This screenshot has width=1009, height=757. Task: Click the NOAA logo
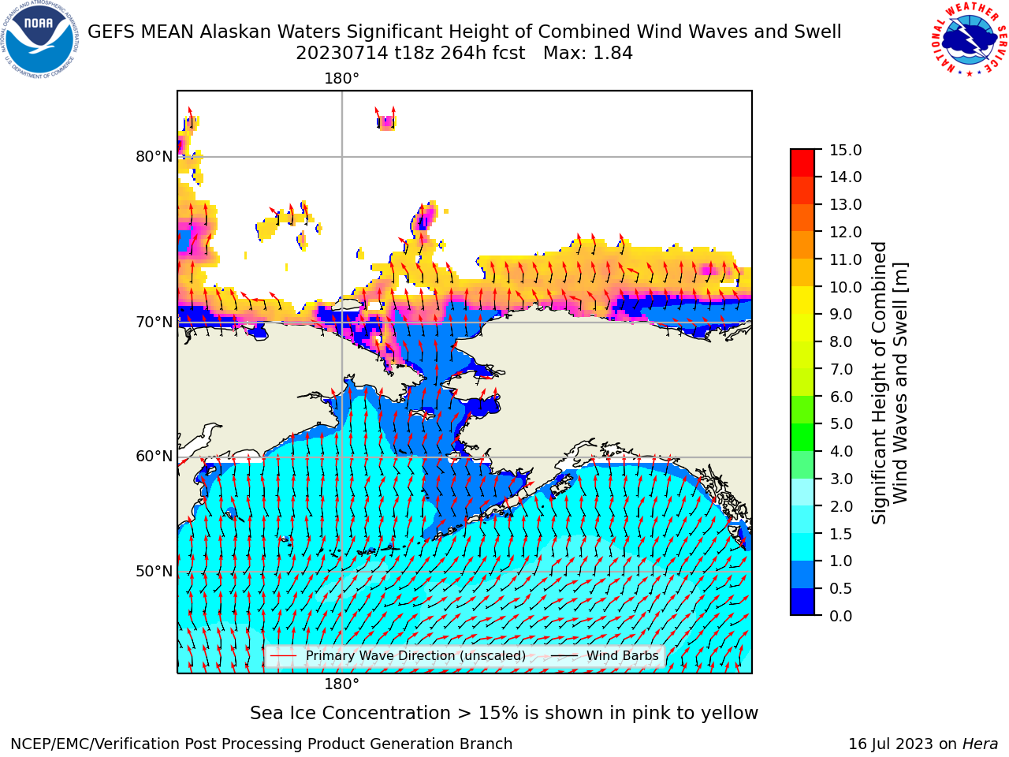point(39,39)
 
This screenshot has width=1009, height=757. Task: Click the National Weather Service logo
point(969,39)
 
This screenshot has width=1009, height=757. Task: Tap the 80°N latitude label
point(154,157)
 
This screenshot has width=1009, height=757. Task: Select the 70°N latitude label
point(154,323)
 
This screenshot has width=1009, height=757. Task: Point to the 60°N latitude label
point(154,457)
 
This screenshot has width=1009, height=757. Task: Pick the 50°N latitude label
point(154,572)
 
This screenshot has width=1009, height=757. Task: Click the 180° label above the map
point(341,79)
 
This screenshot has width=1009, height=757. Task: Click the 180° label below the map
point(341,684)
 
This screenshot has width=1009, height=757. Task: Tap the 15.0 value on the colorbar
point(845,150)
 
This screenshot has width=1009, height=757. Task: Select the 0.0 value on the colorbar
point(841,616)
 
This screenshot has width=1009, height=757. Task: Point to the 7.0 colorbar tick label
point(841,369)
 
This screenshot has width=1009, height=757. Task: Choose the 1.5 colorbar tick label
point(841,534)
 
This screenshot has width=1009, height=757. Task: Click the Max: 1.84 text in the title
point(588,54)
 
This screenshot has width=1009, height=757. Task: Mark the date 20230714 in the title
point(342,54)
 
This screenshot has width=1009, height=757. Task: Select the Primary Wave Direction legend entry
point(398,655)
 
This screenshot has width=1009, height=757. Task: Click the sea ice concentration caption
point(504,713)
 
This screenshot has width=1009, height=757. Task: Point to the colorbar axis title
point(889,383)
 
